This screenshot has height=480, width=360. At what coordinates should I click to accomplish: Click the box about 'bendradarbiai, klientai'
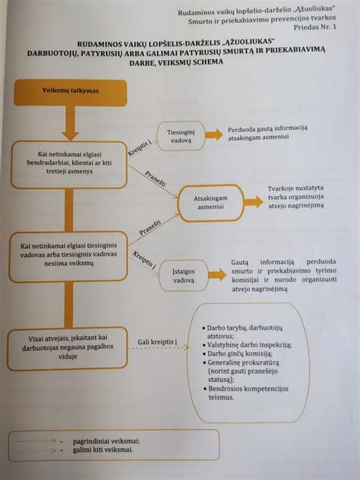click(71, 164)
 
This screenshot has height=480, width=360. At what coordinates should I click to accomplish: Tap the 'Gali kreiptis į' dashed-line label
click(158, 344)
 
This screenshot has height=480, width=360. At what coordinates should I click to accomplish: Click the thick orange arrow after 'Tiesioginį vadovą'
click(214, 134)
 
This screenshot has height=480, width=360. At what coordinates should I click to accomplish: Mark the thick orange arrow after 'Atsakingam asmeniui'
click(249, 201)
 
